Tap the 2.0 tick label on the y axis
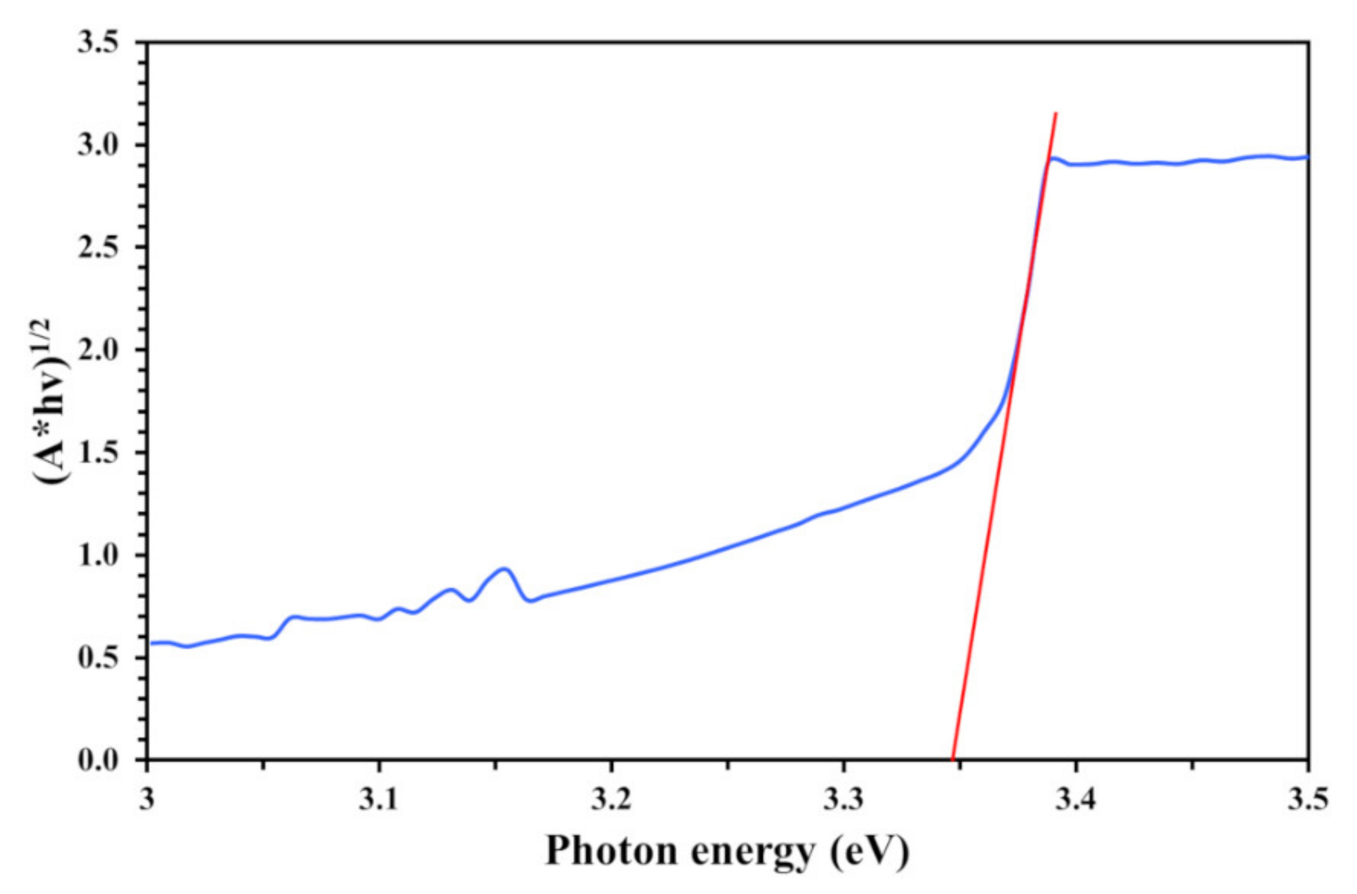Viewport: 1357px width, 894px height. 102,350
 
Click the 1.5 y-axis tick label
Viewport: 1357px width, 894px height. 102,453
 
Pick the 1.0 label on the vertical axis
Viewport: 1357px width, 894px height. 102,555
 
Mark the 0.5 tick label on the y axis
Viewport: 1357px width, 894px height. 102,658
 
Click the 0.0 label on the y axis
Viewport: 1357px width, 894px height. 102,761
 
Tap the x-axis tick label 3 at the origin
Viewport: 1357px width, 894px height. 148,800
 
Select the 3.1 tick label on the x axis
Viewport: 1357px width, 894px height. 379,800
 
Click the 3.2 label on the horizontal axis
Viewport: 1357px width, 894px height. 611,800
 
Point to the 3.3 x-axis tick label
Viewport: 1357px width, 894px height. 843,800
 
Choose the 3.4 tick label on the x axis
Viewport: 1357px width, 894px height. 1075,800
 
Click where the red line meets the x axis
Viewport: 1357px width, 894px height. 952,759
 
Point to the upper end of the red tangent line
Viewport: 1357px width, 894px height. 1056,113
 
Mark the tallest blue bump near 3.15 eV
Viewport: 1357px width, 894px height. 504,569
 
